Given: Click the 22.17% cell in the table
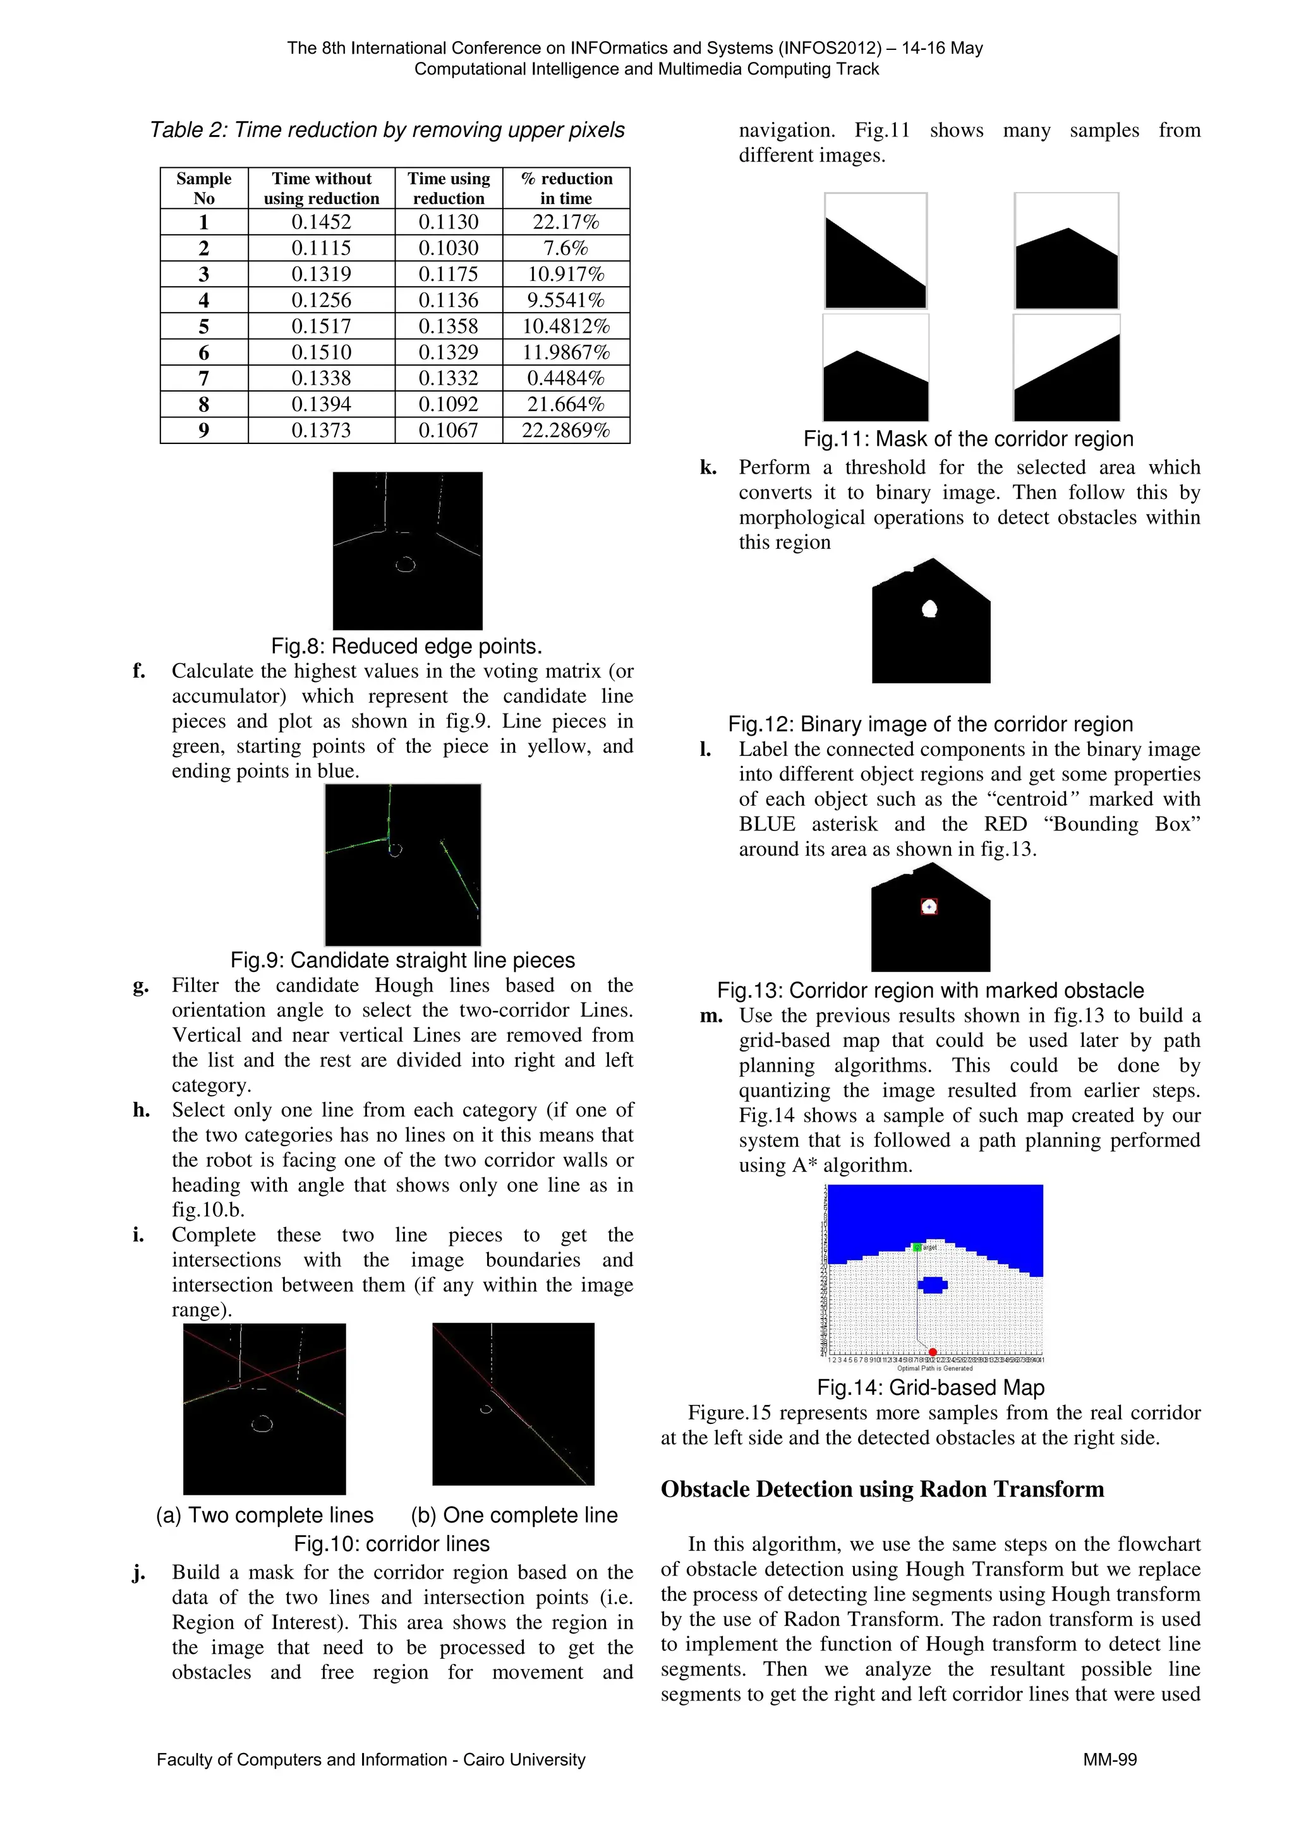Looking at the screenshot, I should click(565, 222).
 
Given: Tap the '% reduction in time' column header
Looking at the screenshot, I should click(565, 188).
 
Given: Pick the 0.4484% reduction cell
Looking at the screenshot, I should click(565, 378).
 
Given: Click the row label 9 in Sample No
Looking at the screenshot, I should click(203, 431).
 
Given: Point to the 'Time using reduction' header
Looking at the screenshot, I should click(448, 188).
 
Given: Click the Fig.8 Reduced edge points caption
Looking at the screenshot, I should click(407, 645).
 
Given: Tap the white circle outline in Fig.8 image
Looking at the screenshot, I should click(406, 565).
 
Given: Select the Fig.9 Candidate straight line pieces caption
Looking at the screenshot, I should click(402, 960).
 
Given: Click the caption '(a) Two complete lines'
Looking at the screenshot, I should click(265, 1514).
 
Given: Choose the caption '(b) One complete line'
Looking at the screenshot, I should click(514, 1514).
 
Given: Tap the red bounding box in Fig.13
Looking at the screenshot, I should click(929, 906).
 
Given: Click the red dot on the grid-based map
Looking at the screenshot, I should click(933, 1352).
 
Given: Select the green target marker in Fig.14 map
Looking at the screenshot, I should click(917, 1247).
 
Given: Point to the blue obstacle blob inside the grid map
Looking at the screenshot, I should click(932, 1284).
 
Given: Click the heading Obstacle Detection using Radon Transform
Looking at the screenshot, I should click(882, 1489).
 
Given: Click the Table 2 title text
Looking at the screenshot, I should click(387, 130).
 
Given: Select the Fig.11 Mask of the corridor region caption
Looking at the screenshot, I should click(968, 439).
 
